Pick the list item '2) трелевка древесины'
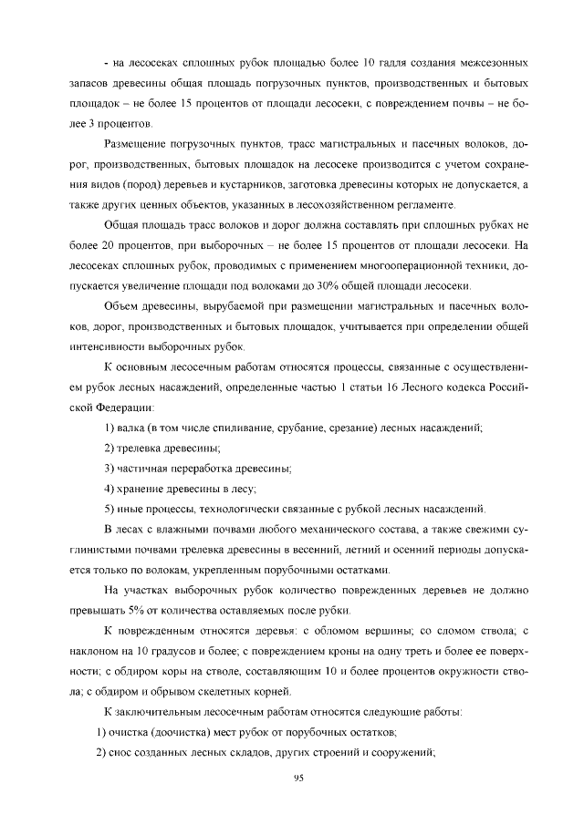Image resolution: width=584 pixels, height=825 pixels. tap(162, 448)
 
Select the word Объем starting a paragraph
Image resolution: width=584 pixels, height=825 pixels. tap(124, 305)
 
